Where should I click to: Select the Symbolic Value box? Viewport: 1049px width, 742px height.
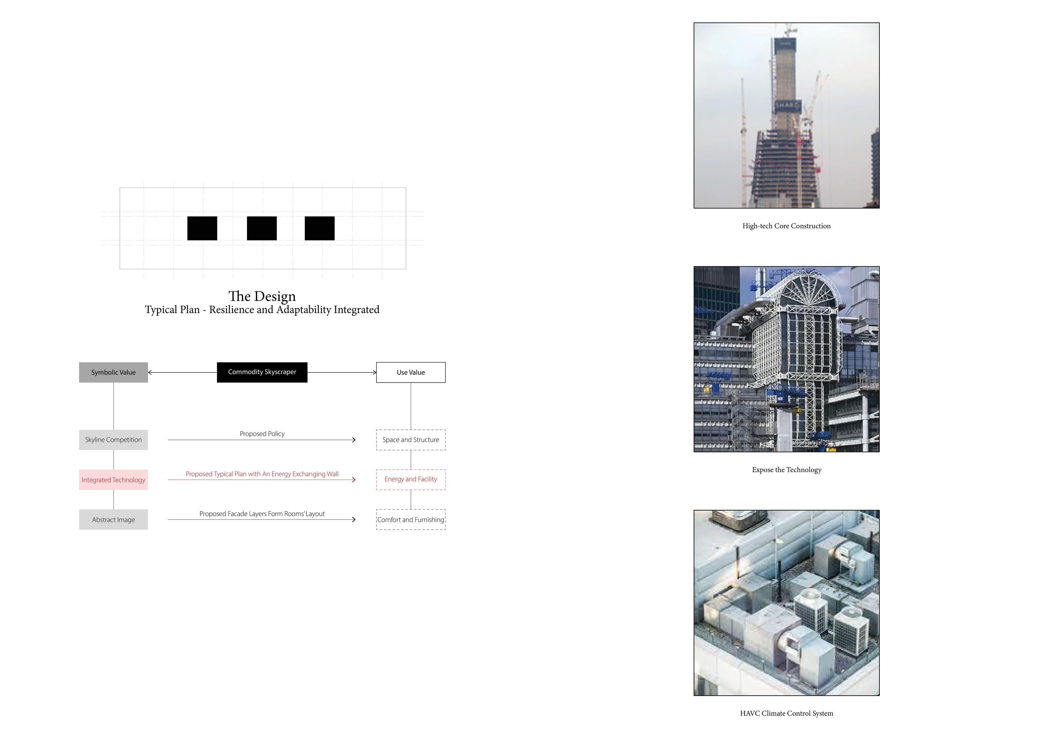click(x=113, y=372)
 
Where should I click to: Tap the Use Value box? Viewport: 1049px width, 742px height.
click(x=411, y=372)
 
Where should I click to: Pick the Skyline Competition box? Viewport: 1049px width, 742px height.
click(x=113, y=440)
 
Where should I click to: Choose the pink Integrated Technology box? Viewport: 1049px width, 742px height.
click(x=113, y=480)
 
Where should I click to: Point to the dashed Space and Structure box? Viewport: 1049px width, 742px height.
click(x=411, y=440)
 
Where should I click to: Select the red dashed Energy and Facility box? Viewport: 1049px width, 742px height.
click(x=411, y=479)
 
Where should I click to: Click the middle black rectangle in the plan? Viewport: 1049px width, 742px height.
click(x=262, y=228)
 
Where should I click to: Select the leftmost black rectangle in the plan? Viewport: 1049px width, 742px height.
click(x=202, y=228)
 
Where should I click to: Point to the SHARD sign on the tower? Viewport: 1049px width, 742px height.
click(x=787, y=106)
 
